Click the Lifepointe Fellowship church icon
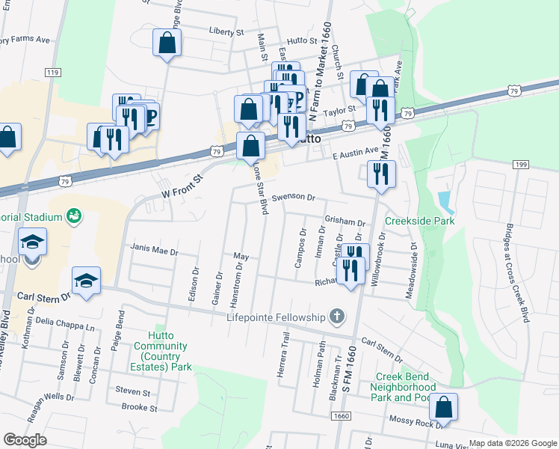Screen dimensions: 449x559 [x=337, y=317]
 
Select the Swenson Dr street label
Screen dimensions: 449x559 [x=294, y=197]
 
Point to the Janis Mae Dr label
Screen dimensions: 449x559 [x=155, y=252]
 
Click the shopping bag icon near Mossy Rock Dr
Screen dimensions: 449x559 [x=443, y=408]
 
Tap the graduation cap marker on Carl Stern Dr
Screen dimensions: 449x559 [x=87, y=281]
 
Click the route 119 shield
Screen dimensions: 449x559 [x=52, y=72]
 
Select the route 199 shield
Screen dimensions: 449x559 [x=521, y=164]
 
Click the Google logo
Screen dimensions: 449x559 [x=25, y=440]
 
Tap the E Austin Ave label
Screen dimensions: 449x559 [x=356, y=153]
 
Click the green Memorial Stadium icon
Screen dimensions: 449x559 [x=74, y=216]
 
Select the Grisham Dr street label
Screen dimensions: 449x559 [x=345, y=222]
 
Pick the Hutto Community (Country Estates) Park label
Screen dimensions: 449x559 [x=161, y=356]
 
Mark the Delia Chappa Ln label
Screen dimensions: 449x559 [x=67, y=323]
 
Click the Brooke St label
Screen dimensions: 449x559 [x=139, y=408]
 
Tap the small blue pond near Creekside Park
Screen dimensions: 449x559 [x=445, y=201]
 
